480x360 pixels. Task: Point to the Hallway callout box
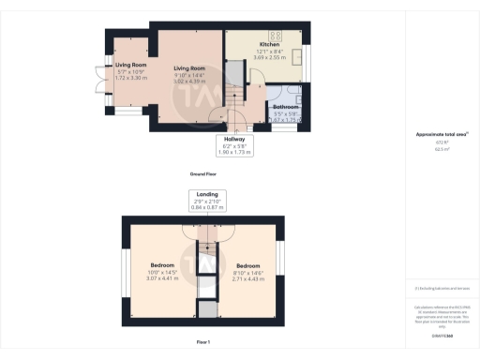pyautogui.click(x=234, y=144)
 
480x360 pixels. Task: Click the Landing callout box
pyautogui.click(x=207, y=201)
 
